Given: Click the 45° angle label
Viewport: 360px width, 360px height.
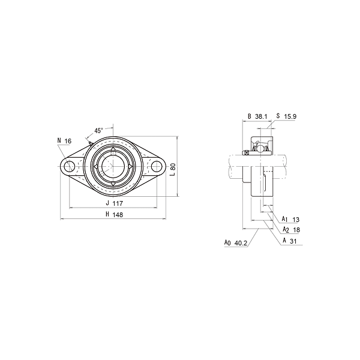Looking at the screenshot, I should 98,130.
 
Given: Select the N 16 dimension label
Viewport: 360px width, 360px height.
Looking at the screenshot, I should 64,141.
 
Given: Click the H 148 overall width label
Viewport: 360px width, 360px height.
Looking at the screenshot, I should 113,214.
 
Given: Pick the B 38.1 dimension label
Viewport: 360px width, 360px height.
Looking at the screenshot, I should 257,116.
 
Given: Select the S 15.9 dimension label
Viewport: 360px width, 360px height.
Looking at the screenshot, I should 286,116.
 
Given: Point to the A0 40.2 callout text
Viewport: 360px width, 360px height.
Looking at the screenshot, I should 235,243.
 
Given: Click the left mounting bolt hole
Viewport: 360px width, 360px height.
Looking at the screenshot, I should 70,166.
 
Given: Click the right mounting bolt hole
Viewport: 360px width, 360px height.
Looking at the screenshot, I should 157,166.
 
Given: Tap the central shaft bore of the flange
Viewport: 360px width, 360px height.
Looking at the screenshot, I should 113,166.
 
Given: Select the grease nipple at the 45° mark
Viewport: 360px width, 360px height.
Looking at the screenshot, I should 90,142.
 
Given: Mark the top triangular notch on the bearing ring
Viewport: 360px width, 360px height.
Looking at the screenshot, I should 113,149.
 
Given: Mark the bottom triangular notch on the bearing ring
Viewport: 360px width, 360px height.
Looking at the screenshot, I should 113,184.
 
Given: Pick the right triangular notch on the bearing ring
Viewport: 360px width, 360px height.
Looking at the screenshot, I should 131,166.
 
